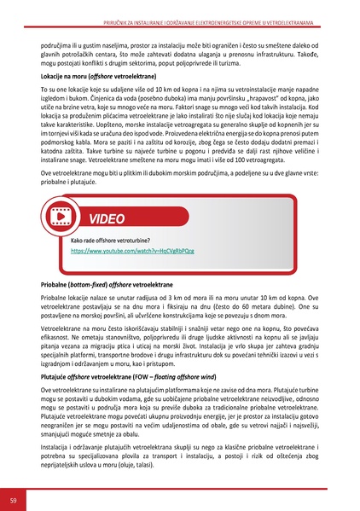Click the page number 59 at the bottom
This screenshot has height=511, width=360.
[13, 498]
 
